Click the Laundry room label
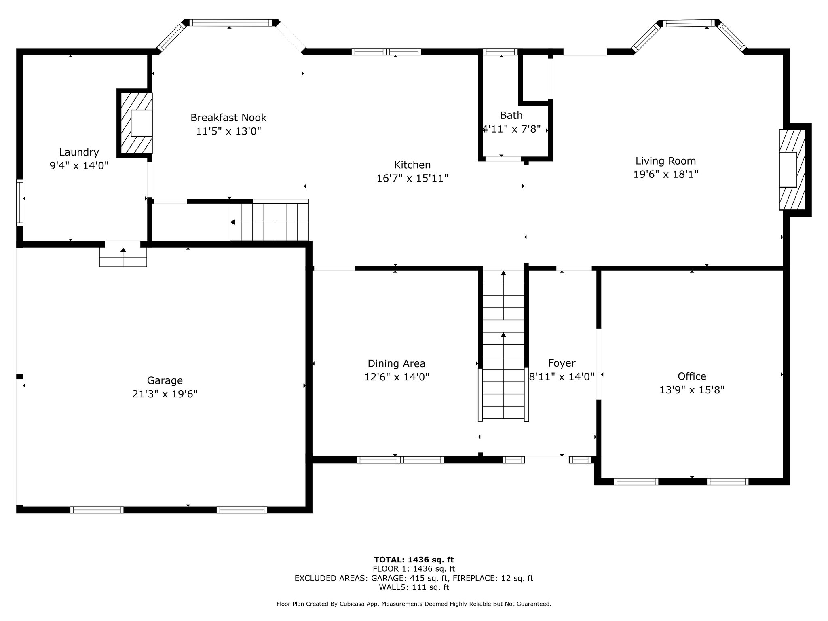[x=79, y=152]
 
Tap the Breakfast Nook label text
[x=228, y=118]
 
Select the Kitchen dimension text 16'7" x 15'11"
[x=412, y=178]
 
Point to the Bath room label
[x=511, y=116]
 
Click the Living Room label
[x=665, y=161]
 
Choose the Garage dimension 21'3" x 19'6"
[x=165, y=394]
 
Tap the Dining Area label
[x=396, y=363]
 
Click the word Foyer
[x=562, y=363]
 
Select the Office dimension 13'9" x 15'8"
[x=692, y=390]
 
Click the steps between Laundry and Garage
[x=123, y=254]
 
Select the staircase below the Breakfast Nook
[x=269, y=220]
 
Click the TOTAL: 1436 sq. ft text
[x=414, y=560]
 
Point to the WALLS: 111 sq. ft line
[x=414, y=587]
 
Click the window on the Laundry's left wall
[x=19, y=202]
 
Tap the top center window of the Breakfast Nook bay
[x=230, y=23]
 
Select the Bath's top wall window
[x=500, y=52]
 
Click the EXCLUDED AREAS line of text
[x=414, y=578]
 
